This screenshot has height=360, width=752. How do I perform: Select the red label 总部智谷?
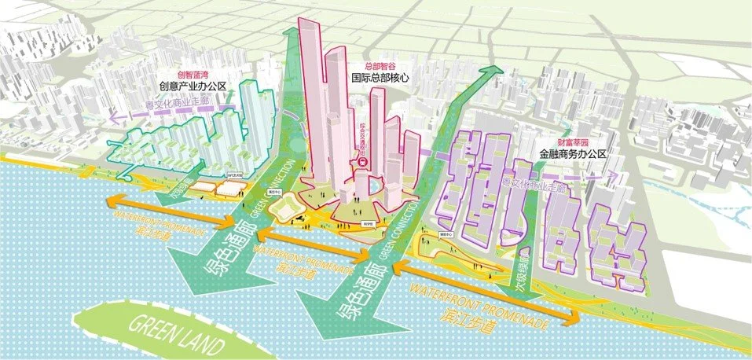click(x=382, y=67)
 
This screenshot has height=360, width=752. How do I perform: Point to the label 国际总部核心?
click(x=382, y=79)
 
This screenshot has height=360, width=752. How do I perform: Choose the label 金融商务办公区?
click(x=573, y=155)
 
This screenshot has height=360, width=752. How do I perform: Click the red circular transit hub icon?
click(x=363, y=161)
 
